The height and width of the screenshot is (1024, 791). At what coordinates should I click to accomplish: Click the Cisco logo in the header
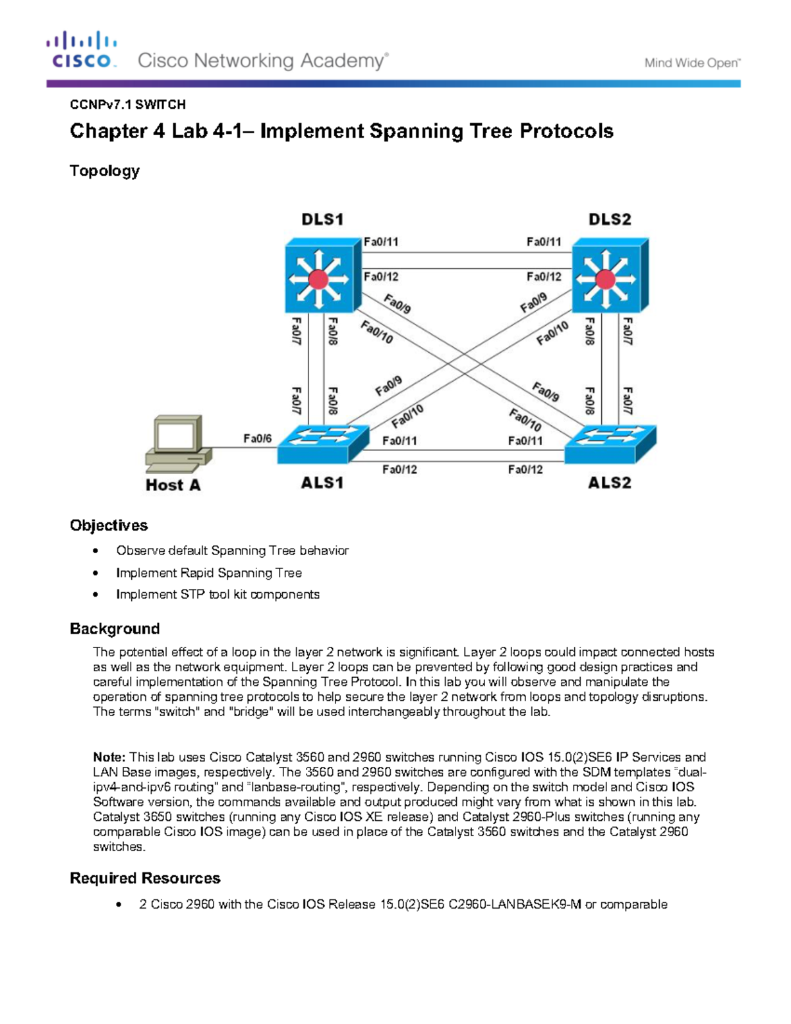[x=81, y=49]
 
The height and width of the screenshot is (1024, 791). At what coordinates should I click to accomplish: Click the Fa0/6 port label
[x=257, y=438]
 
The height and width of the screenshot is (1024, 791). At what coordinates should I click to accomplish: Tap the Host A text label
[x=173, y=485]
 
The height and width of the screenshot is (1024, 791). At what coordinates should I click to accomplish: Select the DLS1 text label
[x=322, y=220]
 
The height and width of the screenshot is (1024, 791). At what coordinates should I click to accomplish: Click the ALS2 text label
[x=609, y=483]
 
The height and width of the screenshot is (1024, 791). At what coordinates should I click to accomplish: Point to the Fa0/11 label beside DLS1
[x=381, y=242]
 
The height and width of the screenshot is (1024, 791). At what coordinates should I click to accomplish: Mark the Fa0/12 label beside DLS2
[x=544, y=277]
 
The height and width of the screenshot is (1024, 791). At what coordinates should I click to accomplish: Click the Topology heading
[x=105, y=171]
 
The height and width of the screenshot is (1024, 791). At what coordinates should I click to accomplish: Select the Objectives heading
[x=109, y=526]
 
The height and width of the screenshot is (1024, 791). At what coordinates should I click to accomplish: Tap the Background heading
[x=115, y=628]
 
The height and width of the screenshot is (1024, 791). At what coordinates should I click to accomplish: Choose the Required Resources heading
[x=145, y=878]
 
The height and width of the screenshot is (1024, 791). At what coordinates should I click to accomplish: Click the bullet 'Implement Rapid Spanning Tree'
[x=209, y=573]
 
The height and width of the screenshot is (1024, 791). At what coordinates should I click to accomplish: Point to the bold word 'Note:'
[x=109, y=757]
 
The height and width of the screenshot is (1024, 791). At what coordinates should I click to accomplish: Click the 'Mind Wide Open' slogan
[x=692, y=63]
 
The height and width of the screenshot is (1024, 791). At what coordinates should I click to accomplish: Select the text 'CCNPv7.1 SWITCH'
[x=128, y=105]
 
